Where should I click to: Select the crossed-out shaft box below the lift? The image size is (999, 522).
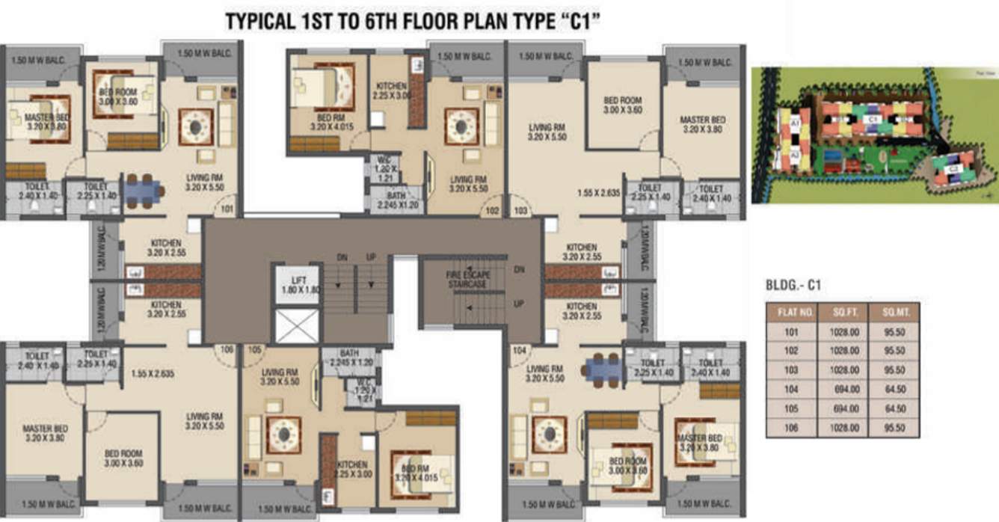pyautogui.click(x=297, y=325)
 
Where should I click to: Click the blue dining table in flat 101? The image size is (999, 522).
pyautogui.click(x=143, y=191)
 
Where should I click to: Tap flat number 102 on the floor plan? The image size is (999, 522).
pyautogui.click(x=491, y=212)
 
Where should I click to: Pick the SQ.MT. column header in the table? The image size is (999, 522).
pyautogui.click(x=894, y=312)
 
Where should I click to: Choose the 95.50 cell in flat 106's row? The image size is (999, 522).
pyautogui.click(x=894, y=428)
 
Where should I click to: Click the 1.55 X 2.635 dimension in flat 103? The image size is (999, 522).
pyautogui.click(x=600, y=192)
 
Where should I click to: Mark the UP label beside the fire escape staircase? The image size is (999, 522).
pyautogui.click(x=519, y=304)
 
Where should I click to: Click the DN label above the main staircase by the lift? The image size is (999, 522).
pyautogui.click(x=342, y=257)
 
